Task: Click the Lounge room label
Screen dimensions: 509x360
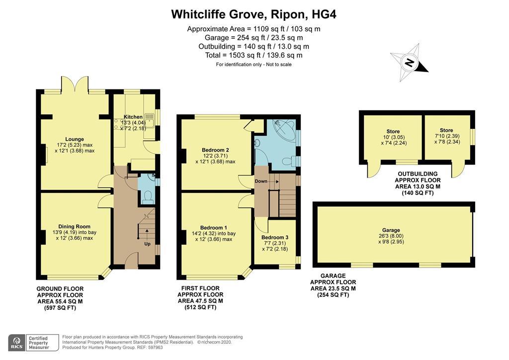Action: tap(75, 139)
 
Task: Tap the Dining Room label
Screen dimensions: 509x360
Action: tap(75, 227)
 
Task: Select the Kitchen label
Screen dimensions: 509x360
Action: tap(133, 117)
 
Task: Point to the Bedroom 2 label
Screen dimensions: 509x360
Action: tap(215, 150)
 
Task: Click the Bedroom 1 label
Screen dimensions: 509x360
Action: tap(214, 228)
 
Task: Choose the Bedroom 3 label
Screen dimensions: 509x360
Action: tap(274, 237)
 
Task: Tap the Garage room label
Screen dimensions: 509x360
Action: tap(391, 230)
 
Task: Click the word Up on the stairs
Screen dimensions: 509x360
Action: tap(147, 244)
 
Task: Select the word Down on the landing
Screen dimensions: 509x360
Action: tap(261, 181)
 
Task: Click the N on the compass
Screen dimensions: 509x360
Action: tap(410, 62)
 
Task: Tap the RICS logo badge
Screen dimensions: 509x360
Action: tap(16, 343)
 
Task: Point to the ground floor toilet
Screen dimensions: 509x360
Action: tap(148, 197)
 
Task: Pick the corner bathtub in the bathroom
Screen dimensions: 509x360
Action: tap(285, 131)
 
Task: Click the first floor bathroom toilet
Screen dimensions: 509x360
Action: tap(289, 161)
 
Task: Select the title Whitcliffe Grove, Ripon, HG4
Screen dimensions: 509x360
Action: tap(254, 14)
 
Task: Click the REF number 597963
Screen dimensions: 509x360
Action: tap(155, 348)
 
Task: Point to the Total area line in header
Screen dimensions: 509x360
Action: tap(254, 55)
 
